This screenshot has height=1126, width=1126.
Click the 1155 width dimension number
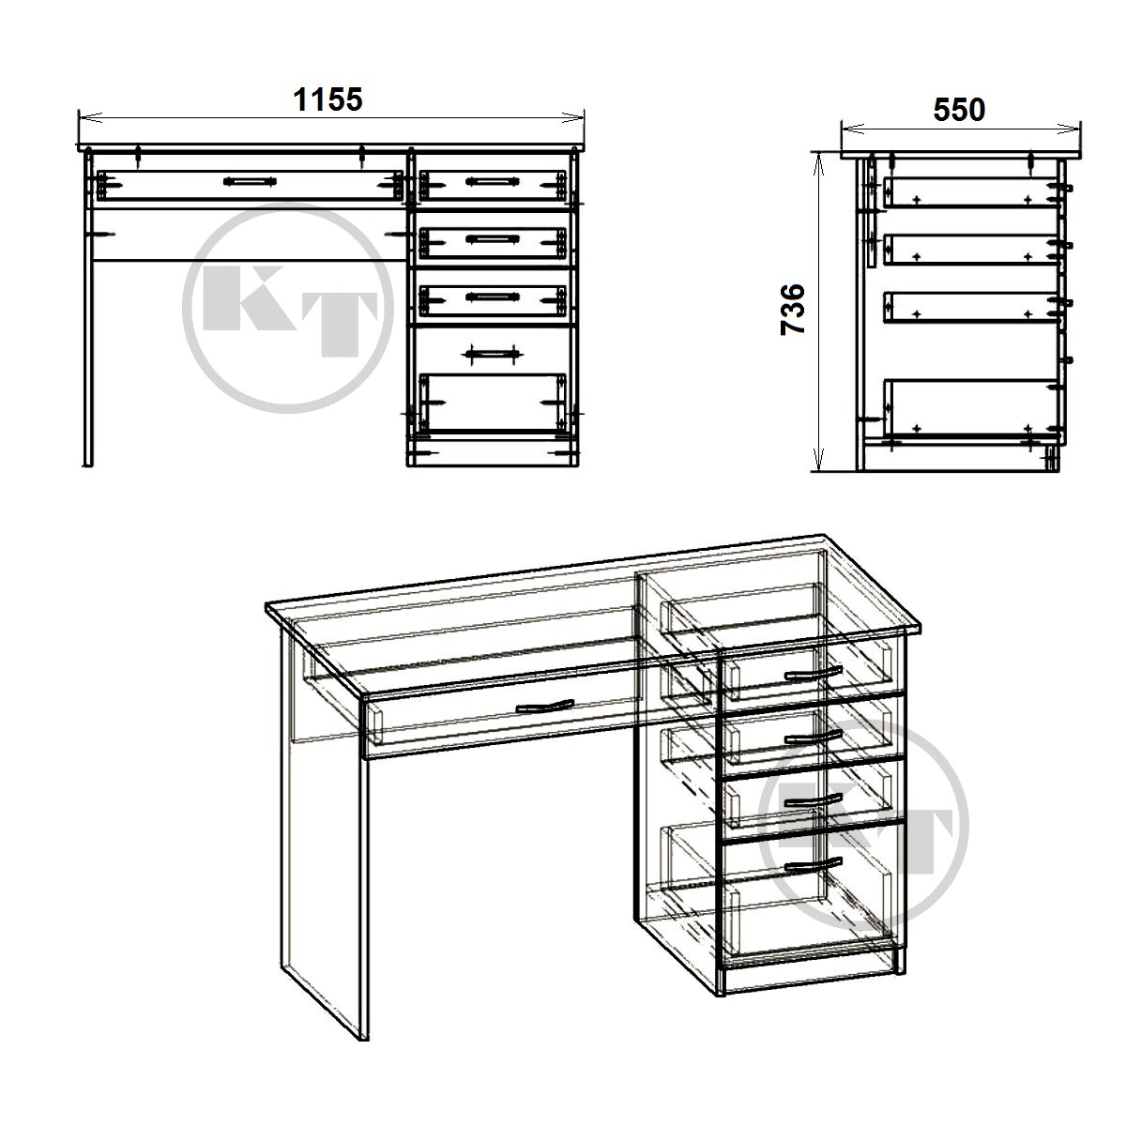[327, 99]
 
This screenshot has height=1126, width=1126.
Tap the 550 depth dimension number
[960, 109]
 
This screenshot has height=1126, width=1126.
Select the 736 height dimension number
[793, 309]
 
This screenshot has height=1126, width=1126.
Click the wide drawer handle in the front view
[250, 182]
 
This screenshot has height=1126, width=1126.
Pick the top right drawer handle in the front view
[492, 182]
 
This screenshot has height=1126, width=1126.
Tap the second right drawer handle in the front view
[492, 238]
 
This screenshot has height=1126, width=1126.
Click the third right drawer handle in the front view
[492, 297]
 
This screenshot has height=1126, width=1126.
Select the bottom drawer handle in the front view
[492, 354]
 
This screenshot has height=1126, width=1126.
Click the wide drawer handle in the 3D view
[546, 707]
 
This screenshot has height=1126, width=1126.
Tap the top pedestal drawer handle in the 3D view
[813, 673]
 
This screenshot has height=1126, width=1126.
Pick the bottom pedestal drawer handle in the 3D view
[813, 865]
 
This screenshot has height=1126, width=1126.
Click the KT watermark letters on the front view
[290, 312]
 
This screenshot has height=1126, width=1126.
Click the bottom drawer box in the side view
[971, 407]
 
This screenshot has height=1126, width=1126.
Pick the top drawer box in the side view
[971, 192]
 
